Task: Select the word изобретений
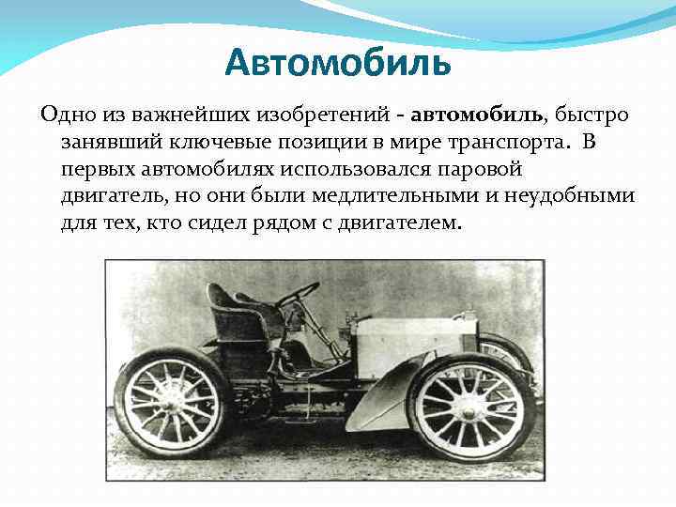coord(330,115)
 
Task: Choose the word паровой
coord(476,170)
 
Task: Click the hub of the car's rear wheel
coord(172,401)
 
